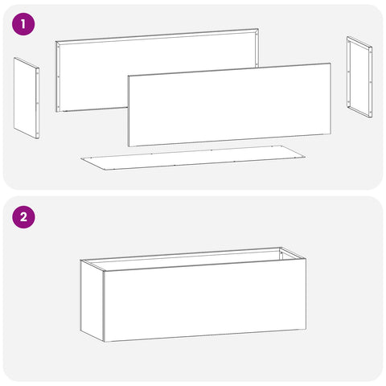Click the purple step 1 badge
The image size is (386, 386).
pos(23,24)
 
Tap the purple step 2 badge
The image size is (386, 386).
pos(23,216)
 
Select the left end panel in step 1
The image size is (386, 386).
pos(27,98)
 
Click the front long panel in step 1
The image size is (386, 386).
pos(229,105)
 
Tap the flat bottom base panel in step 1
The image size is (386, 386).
pos(193,158)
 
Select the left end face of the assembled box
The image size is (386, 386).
pos(92,301)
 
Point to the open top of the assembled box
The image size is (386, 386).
pos(193,259)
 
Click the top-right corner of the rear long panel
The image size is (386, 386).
pos(258,29)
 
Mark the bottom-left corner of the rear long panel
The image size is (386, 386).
pos(55,112)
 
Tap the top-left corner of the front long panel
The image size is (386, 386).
pos(128,76)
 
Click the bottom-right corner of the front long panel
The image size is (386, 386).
pos(331,133)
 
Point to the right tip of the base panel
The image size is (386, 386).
pos(306,157)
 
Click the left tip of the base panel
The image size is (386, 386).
pos(80,158)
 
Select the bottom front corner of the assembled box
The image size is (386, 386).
pos(104,342)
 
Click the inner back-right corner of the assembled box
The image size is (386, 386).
pos(280,248)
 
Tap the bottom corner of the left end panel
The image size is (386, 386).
pos(37,138)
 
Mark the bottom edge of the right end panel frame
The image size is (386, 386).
pos(359,112)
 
